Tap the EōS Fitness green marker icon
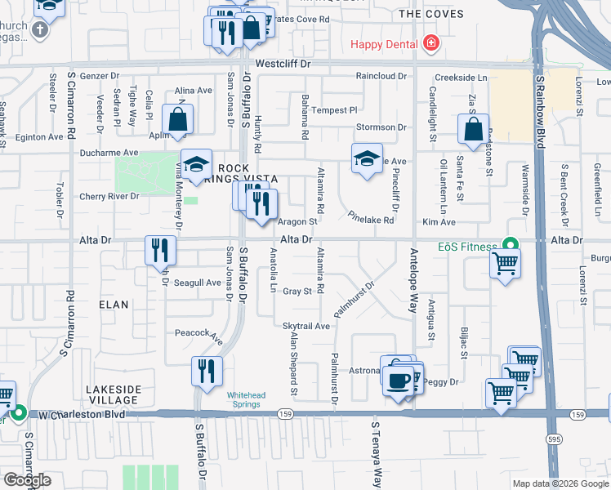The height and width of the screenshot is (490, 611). [511, 245]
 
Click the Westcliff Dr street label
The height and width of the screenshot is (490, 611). [283, 63]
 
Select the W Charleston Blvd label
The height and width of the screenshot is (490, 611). [81, 415]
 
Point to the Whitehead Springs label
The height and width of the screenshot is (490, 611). [246, 399]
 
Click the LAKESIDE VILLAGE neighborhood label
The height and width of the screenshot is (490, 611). [114, 394]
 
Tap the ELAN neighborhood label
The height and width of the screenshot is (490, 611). [114, 305]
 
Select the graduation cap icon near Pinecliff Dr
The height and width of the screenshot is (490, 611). [367, 158]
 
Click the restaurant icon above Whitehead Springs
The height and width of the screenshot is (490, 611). [206, 371]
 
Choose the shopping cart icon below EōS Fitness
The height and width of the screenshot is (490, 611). [506, 264]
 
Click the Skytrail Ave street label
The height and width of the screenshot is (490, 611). [306, 326]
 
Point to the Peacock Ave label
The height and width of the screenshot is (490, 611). [198, 333]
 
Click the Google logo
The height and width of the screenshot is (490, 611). [27, 480]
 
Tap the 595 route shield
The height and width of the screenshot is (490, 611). [555, 438]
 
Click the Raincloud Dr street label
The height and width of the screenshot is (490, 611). [380, 76]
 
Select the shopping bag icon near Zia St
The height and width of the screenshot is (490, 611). [473, 129]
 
